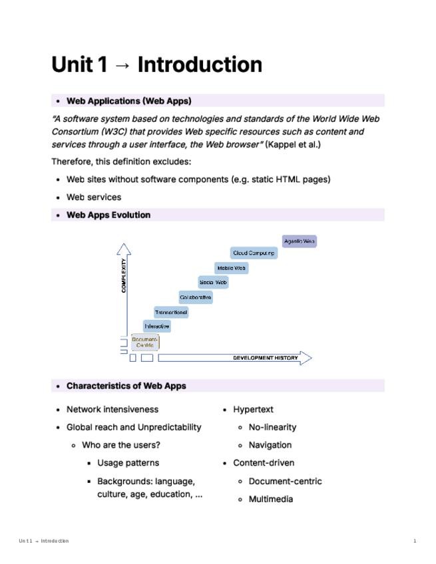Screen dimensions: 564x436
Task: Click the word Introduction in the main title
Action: (200, 65)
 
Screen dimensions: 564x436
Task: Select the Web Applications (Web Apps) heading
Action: (128, 101)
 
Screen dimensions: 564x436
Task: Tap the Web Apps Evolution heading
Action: (109, 215)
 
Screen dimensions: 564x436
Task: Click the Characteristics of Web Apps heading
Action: (126, 386)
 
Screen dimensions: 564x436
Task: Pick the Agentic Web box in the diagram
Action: (299, 241)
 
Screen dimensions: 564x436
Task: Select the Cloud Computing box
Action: (254, 253)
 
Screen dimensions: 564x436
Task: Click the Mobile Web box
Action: (231, 268)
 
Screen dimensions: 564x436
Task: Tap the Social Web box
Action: (213, 283)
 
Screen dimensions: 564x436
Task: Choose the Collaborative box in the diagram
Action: (196, 297)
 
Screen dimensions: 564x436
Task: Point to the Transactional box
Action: (171, 312)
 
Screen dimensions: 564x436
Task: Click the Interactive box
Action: (157, 327)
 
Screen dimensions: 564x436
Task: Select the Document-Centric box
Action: (145, 343)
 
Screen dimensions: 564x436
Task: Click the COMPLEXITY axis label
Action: (124, 276)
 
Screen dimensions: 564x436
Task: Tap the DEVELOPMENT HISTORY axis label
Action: (265, 358)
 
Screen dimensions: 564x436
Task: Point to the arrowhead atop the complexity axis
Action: (124, 249)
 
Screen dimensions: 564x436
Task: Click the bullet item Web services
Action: (94, 197)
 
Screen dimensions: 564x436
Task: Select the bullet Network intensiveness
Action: (112, 410)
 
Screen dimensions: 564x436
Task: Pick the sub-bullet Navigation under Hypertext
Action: (270, 445)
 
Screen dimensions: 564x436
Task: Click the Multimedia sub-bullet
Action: (270, 499)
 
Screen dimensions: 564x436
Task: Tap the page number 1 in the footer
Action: (415, 541)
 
